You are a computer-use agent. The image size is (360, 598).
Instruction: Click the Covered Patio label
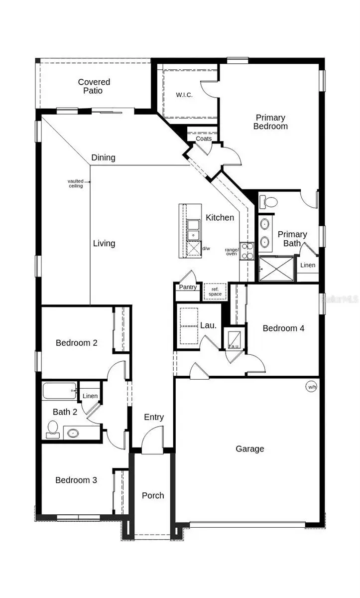pos(94,86)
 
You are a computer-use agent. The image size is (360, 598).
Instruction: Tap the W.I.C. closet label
pos(184,95)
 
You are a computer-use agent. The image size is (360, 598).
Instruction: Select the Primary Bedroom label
pos(270,122)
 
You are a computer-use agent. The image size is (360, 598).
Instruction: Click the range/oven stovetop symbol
pos(247,251)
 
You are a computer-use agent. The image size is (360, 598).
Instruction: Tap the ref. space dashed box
pos(215,291)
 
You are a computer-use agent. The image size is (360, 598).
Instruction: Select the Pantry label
pos(187,287)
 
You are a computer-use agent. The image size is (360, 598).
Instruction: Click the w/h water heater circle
pos(311,387)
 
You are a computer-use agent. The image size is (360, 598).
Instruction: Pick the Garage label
pos(249,449)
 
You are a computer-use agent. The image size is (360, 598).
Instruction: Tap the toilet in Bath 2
pos(53,429)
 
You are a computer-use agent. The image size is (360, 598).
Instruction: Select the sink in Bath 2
pos(73,433)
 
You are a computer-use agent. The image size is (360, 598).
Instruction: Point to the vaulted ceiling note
pos(76,183)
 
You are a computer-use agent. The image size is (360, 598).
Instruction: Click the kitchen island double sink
pos(193,229)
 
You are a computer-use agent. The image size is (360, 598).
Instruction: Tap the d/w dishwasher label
pos(206,248)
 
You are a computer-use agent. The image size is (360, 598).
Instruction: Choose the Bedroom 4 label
pos(283,328)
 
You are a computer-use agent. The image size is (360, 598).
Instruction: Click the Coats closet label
pos(203,139)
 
